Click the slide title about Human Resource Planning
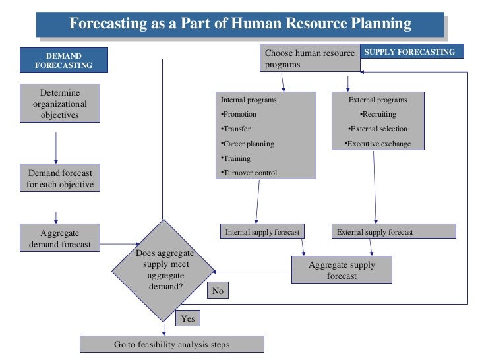240,24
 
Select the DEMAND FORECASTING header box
64,60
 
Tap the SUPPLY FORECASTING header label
409,51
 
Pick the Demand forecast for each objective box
60,178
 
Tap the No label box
218,291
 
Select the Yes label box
188,318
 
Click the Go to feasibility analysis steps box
171,344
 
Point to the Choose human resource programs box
310,59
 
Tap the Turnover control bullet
249,173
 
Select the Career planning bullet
247,144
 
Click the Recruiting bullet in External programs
378,115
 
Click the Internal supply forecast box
263,232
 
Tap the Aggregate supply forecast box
342,270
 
